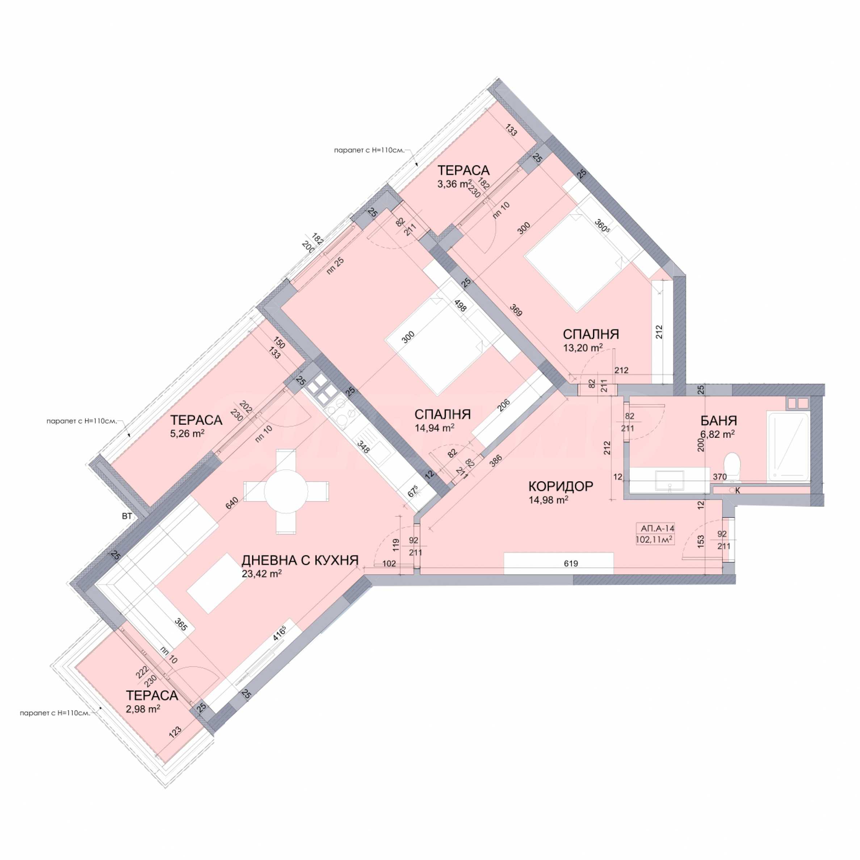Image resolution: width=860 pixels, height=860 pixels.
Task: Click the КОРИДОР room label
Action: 561,486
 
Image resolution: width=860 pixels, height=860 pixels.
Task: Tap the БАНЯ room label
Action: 719,421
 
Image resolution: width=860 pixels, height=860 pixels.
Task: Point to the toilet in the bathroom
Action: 732,466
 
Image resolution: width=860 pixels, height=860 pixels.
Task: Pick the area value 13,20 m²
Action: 583,348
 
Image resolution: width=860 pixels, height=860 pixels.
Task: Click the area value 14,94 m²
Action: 435,428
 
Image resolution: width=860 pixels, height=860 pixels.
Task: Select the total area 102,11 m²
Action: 654,540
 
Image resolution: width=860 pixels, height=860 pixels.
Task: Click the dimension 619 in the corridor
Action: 571,563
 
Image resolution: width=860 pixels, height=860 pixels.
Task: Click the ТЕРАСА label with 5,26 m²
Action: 196,420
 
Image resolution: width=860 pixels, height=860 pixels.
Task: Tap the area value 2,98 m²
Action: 143,709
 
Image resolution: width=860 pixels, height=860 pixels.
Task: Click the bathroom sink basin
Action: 670,480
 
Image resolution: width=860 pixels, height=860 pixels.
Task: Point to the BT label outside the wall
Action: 127,517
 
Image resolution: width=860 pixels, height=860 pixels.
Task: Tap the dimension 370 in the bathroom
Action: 720,477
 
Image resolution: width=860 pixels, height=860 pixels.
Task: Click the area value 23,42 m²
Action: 262,574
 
